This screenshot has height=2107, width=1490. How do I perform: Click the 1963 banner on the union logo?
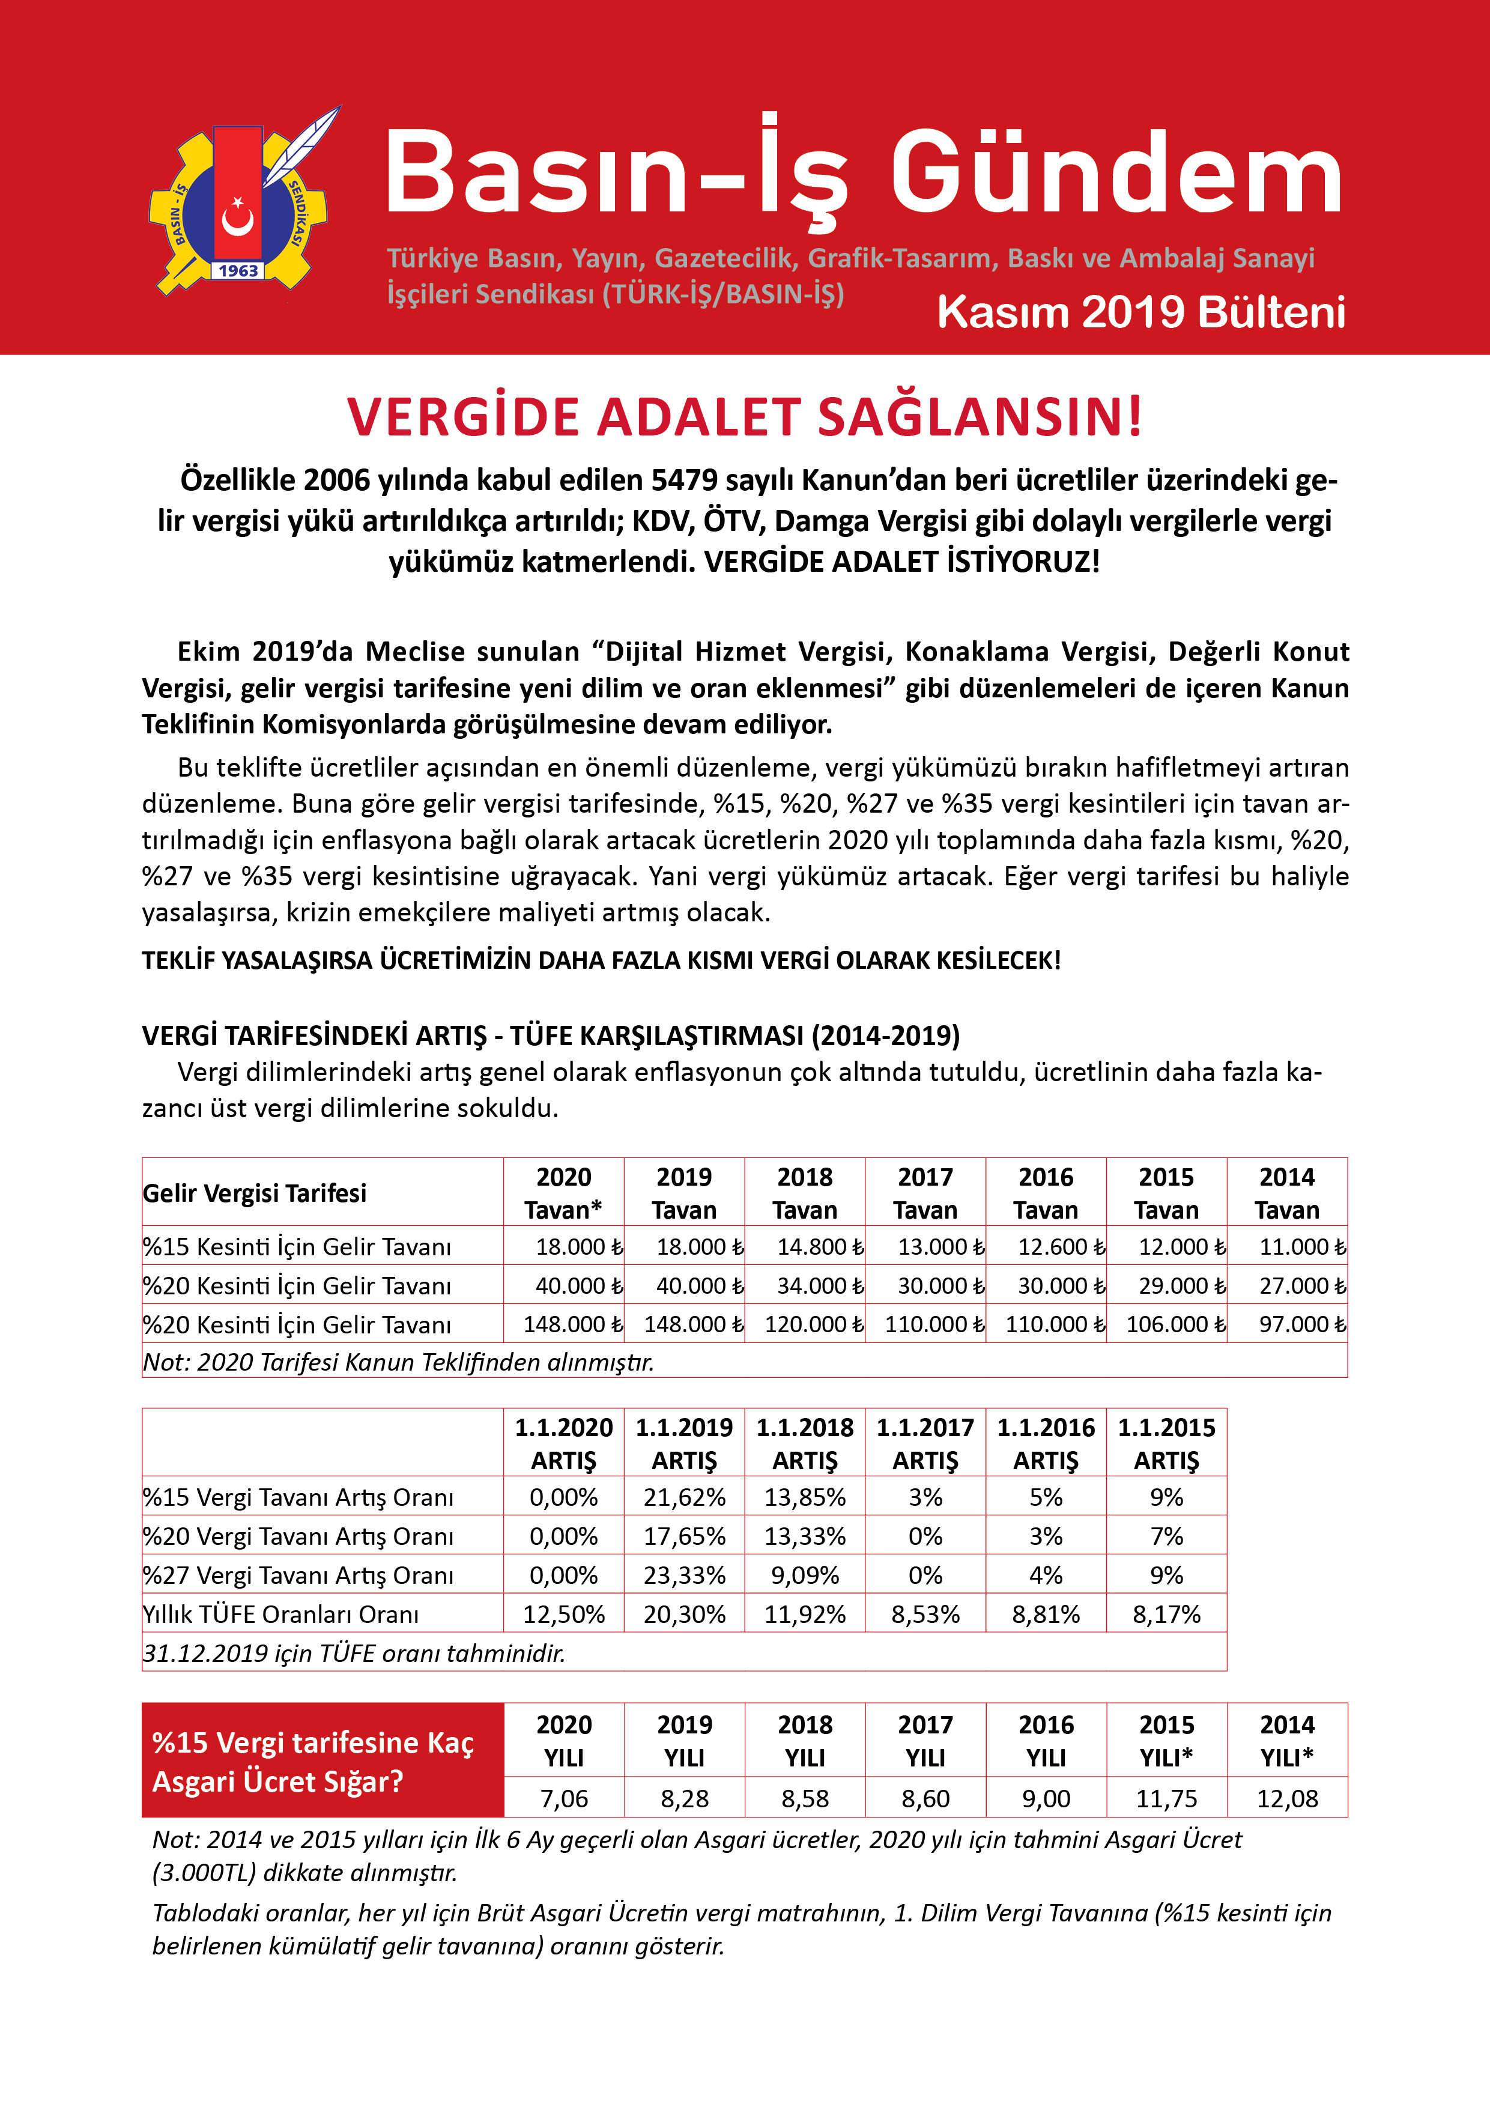[238, 271]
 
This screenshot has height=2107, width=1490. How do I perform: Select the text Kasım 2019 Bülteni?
[1140, 313]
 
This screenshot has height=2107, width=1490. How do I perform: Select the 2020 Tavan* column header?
[563, 1193]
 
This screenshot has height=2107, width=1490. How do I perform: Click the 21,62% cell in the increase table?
[685, 1497]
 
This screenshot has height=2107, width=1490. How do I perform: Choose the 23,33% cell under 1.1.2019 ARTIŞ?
[685, 1575]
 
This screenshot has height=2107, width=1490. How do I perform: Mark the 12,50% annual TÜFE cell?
[563, 1614]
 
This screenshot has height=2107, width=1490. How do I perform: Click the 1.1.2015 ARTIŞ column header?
[1166, 1443]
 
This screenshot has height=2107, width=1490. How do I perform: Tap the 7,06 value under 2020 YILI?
[563, 1799]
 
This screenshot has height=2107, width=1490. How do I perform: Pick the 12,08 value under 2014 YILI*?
[1287, 1799]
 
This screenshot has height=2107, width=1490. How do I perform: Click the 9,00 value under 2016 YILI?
[1046, 1799]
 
